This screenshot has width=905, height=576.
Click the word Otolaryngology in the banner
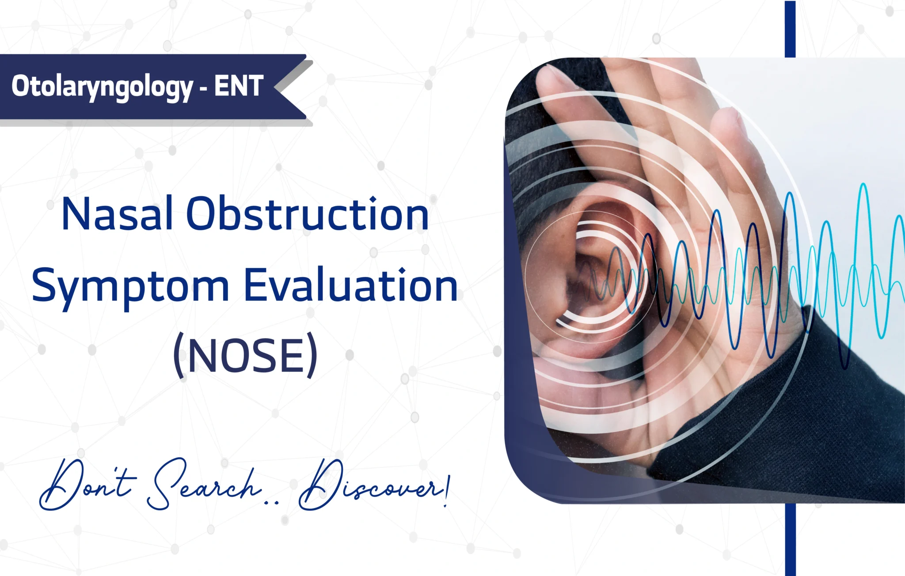(102, 87)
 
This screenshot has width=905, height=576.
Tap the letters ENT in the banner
(239, 86)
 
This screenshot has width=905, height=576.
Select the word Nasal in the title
(117, 214)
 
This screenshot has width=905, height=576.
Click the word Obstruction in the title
(308, 214)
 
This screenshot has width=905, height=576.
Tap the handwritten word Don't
(87, 485)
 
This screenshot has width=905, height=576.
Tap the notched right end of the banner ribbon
(276, 87)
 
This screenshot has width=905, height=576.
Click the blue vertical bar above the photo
(790, 29)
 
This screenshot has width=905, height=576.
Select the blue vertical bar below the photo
(790, 539)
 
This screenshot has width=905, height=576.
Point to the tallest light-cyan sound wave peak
(863, 185)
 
